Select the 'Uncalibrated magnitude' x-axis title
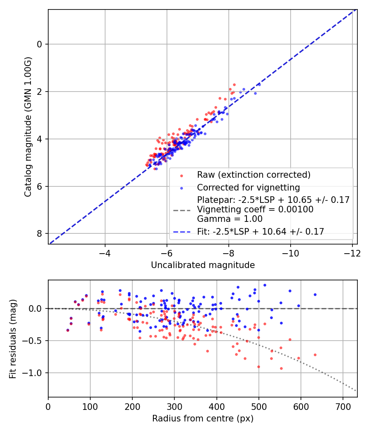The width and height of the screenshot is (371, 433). [x=202, y=265]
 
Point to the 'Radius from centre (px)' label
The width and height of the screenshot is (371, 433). [x=202, y=419]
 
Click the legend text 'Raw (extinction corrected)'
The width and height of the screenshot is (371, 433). [x=254, y=175]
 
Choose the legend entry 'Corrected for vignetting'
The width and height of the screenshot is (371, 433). [x=248, y=187]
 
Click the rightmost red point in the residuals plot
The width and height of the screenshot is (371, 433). [x=315, y=355]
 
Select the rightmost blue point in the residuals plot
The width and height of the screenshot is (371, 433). [x=315, y=294]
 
